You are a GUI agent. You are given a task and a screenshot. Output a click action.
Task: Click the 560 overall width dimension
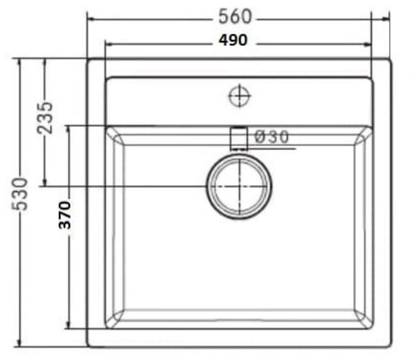coord(235,17)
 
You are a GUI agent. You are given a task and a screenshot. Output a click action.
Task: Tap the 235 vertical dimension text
coord(45,117)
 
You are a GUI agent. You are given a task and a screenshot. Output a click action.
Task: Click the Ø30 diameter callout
coord(271,137)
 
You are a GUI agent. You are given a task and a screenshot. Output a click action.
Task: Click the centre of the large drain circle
coord(240,185)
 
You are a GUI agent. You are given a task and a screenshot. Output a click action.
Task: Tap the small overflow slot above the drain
coord(239,137)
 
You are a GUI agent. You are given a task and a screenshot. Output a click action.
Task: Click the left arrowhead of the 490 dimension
coord(109,44)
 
